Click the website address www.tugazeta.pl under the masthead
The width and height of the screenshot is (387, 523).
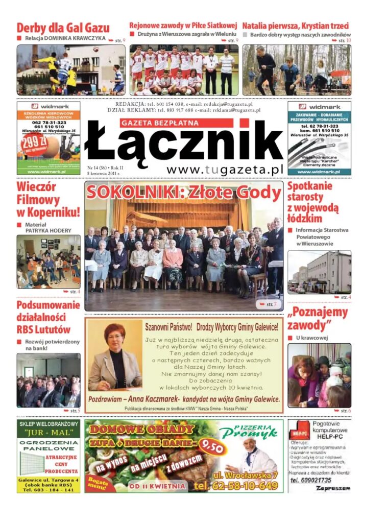point(225,170)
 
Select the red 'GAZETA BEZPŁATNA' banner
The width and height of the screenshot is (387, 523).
point(177,123)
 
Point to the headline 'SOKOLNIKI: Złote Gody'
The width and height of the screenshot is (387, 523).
point(184,193)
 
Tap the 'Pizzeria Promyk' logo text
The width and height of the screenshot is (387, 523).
point(250,432)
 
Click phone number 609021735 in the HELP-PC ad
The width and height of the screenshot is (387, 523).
point(311,480)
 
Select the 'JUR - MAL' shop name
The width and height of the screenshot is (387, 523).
point(49,434)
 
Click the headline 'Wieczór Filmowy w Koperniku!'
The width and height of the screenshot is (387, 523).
point(48,199)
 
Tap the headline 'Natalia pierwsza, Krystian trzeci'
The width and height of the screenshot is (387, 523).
point(296,26)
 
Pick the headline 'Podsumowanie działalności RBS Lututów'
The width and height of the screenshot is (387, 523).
point(48,317)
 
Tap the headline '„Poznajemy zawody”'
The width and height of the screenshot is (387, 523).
point(317,319)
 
